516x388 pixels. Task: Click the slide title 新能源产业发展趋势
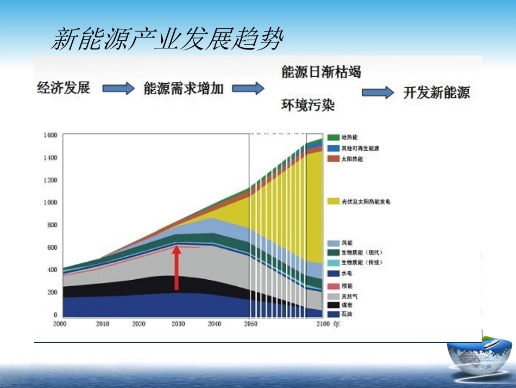click(167, 39)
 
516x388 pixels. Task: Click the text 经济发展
click(64, 88)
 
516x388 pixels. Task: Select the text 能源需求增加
click(184, 89)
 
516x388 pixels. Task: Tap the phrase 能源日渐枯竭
click(321, 72)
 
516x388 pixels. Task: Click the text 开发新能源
click(436, 93)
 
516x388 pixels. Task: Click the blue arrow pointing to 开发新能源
click(377, 93)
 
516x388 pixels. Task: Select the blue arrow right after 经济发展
click(118, 89)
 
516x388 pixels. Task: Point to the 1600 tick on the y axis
click(50, 136)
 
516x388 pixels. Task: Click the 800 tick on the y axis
click(51, 225)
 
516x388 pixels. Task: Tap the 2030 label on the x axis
click(178, 324)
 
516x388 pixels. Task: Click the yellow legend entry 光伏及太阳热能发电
click(358, 202)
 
